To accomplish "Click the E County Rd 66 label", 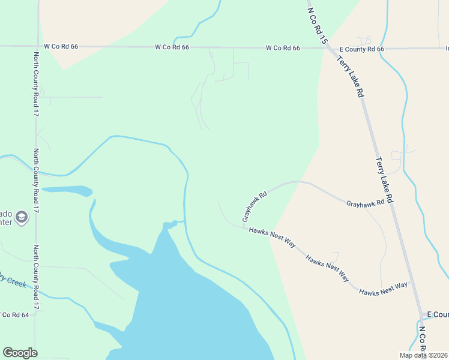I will (361, 49).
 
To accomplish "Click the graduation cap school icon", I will (22, 217).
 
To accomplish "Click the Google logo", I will (20, 353).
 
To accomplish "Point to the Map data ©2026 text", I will (423, 355).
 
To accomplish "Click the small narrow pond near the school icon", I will (67, 191).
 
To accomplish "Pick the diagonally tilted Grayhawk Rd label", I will (255, 207).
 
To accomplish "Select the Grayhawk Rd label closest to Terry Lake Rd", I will (365, 204).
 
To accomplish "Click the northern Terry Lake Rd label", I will (350, 76).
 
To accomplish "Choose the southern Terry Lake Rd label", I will (384, 179).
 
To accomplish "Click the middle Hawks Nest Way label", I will (327, 268).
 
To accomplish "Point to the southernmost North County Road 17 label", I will (36, 277).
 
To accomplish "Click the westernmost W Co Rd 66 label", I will (61, 46).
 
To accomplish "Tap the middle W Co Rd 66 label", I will (172, 47).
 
